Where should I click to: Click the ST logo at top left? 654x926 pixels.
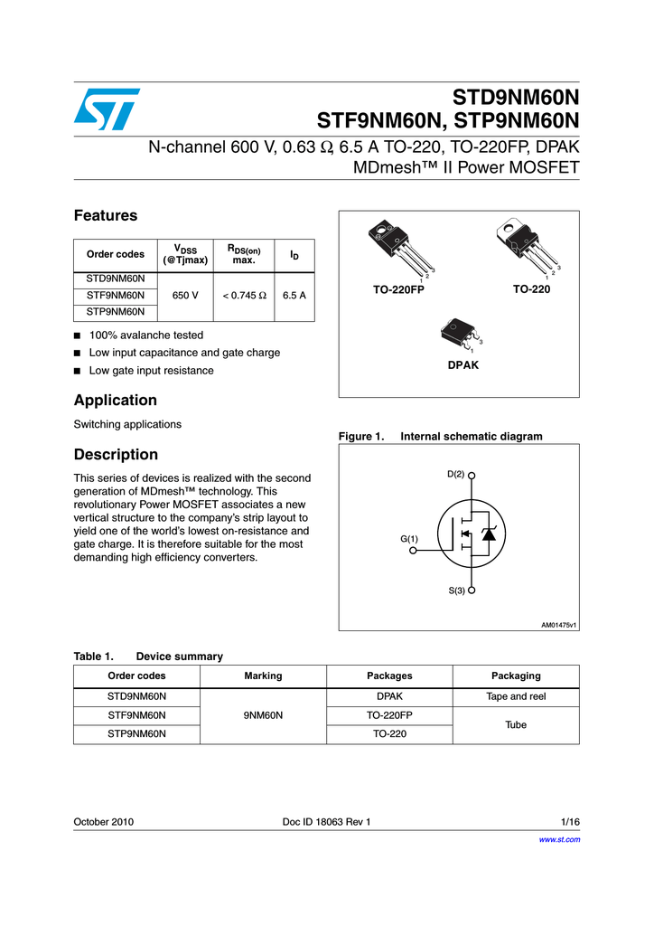coord(107,109)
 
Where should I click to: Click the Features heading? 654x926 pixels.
coord(106,215)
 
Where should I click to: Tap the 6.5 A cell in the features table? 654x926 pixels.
coord(294,295)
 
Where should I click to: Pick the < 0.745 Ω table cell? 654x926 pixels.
coord(242,295)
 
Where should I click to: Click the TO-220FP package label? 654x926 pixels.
coord(398,289)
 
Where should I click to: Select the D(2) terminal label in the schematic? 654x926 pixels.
coord(455,474)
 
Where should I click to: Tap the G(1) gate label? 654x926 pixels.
coord(409,539)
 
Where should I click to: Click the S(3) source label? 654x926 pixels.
coord(456,591)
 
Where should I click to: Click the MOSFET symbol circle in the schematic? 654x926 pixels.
coord(472,534)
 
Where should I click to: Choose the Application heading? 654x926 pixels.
coord(116,400)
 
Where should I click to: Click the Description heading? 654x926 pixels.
coord(116,454)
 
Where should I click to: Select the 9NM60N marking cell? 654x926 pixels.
coord(263,715)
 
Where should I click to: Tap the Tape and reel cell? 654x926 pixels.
coord(516,696)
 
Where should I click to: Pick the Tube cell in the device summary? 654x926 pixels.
coord(516,724)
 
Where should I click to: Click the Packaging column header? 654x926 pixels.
coord(516,676)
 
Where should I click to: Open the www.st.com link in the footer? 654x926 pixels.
coord(559,839)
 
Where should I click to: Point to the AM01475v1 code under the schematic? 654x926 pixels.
coord(558,624)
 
